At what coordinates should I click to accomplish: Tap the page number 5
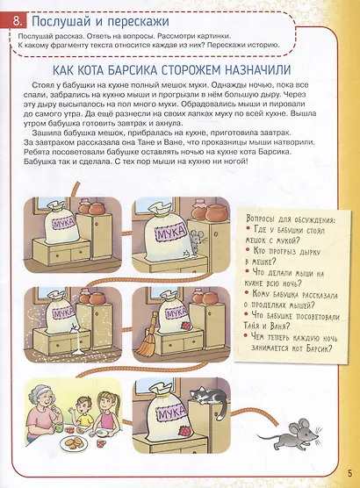349,477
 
